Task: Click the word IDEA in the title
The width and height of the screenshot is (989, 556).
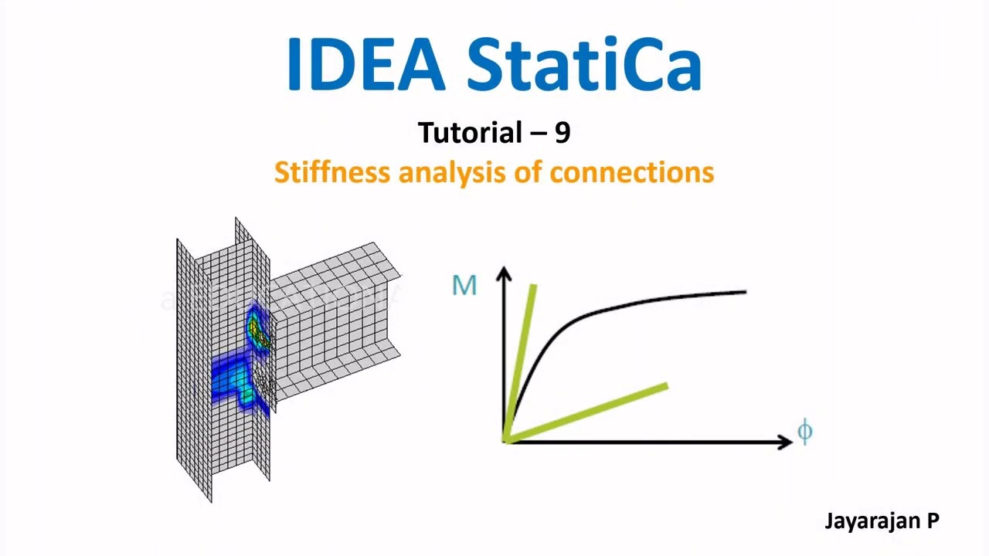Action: click(x=365, y=65)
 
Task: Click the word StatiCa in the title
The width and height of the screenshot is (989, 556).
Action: click(x=584, y=65)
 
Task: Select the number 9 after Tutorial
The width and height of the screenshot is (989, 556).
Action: click(x=562, y=133)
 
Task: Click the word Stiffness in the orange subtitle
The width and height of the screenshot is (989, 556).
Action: click(x=332, y=171)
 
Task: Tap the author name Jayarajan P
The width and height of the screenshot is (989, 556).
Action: click(x=882, y=520)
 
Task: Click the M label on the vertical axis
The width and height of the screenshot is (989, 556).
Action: click(x=464, y=286)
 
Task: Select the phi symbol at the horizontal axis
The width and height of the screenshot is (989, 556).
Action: click(x=804, y=431)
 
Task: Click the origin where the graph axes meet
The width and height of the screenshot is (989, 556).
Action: click(x=505, y=440)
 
